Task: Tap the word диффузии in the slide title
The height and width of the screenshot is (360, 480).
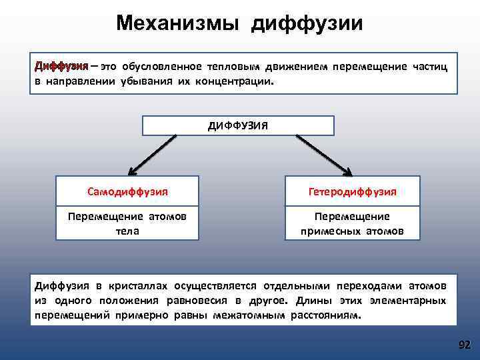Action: [307, 23]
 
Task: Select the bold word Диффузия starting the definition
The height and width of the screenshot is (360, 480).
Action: [61, 67]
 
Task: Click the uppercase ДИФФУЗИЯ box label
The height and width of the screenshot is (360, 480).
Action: [238, 125]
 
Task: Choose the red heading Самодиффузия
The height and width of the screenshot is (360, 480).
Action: [127, 191]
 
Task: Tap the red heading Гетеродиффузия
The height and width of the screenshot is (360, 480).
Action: [353, 191]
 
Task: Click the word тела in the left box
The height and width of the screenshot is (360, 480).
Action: [127, 230]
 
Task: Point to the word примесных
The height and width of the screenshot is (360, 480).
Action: [327, 231]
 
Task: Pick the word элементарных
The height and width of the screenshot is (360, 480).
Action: [407, 301]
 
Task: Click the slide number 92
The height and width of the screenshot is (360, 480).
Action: [464, 345]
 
